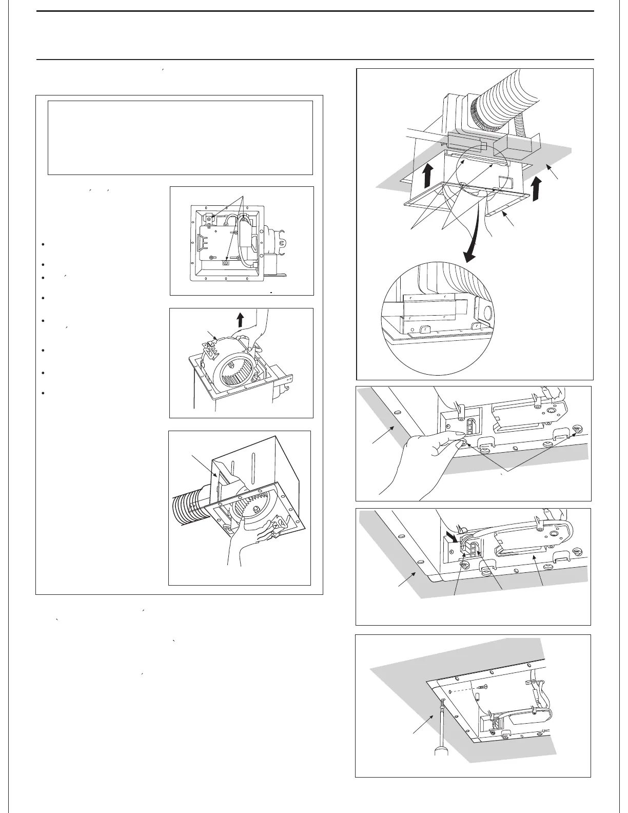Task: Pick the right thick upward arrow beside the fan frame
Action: click(536, 189)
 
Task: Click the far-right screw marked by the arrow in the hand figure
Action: click(577, 429)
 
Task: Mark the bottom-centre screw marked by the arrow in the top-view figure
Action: click(225, 263)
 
